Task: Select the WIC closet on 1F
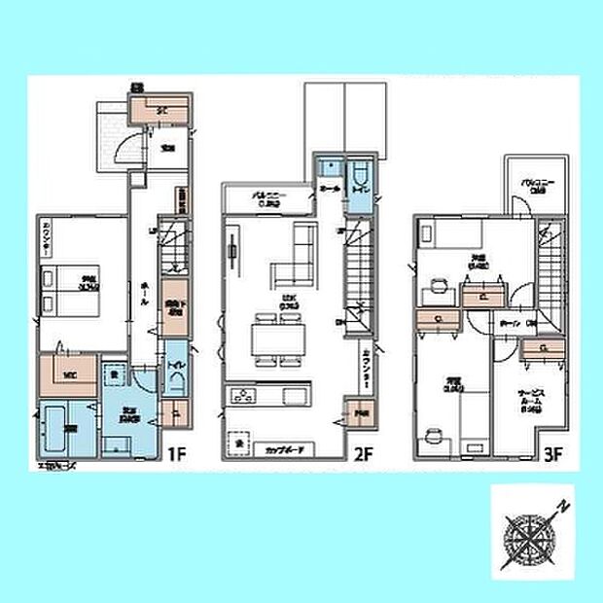pyautogui.click(x=68, y=372)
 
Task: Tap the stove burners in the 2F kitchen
pyautogui.click(x=240, y=395)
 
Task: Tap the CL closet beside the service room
pyautogui.click(x=544, y=347)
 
